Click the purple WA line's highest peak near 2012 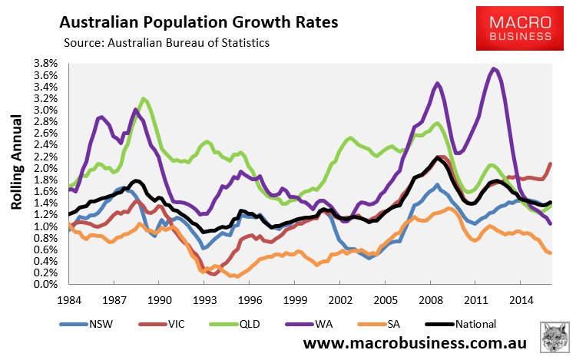(x=494, y=69)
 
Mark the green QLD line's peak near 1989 (x=144, y=99)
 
